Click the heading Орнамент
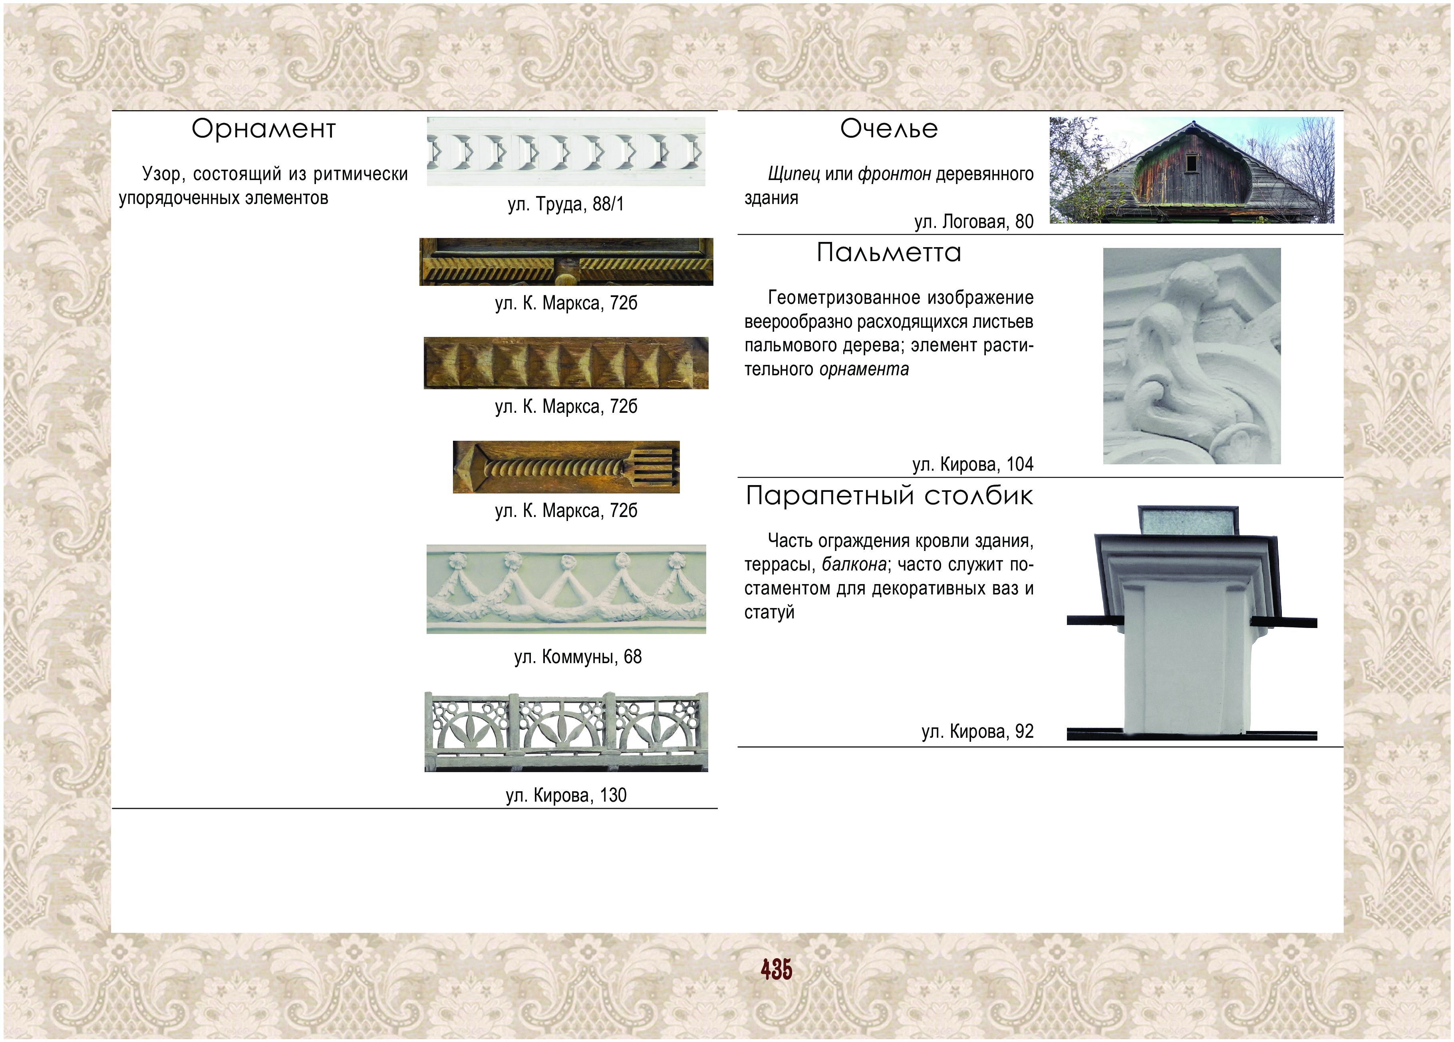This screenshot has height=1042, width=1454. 264,129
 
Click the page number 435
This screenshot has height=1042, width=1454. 777,970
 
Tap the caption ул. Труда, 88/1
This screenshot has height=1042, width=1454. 566,204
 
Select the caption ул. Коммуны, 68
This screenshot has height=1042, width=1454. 578,657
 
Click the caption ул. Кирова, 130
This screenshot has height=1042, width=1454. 566,795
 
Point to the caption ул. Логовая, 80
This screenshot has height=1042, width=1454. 974,222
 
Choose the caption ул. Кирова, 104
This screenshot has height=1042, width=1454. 973,464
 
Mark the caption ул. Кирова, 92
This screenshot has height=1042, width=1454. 978,731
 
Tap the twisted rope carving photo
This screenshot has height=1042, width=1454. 566,467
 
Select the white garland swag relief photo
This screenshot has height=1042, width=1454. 566,589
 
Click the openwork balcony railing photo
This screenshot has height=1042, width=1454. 566,732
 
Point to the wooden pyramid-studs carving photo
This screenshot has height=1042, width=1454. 566,363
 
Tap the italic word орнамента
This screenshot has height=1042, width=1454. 864,370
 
